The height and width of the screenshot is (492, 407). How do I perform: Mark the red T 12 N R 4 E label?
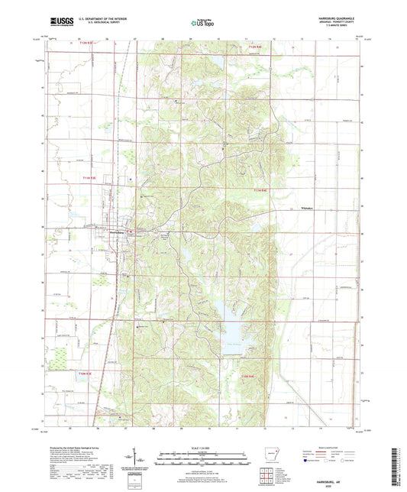(x=260, y=48)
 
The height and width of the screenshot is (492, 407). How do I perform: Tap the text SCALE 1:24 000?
(x=202, y=448)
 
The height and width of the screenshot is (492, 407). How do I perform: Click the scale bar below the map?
(x=202, y=460)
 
